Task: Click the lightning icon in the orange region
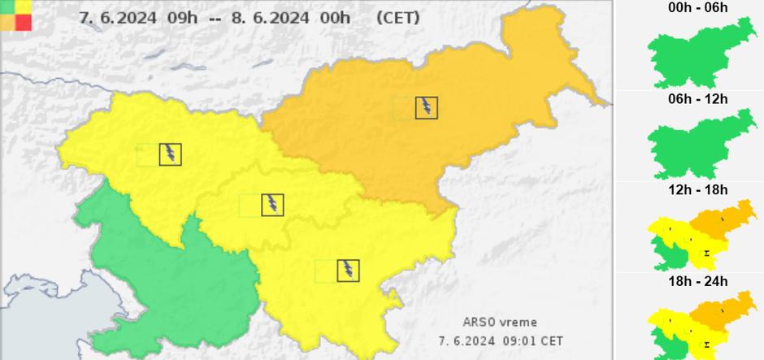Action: point(427,107)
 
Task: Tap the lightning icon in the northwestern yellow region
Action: point(171,154)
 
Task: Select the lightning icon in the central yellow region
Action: point(273,205)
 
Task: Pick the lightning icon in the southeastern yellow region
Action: point(349,271)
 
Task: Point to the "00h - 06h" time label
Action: point(698,8)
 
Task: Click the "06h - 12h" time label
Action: point(698,99)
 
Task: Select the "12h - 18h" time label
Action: point(698,191)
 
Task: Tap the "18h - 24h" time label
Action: point(698,282)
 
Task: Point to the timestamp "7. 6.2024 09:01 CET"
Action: point(501,341)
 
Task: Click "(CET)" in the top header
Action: point(398,17)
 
